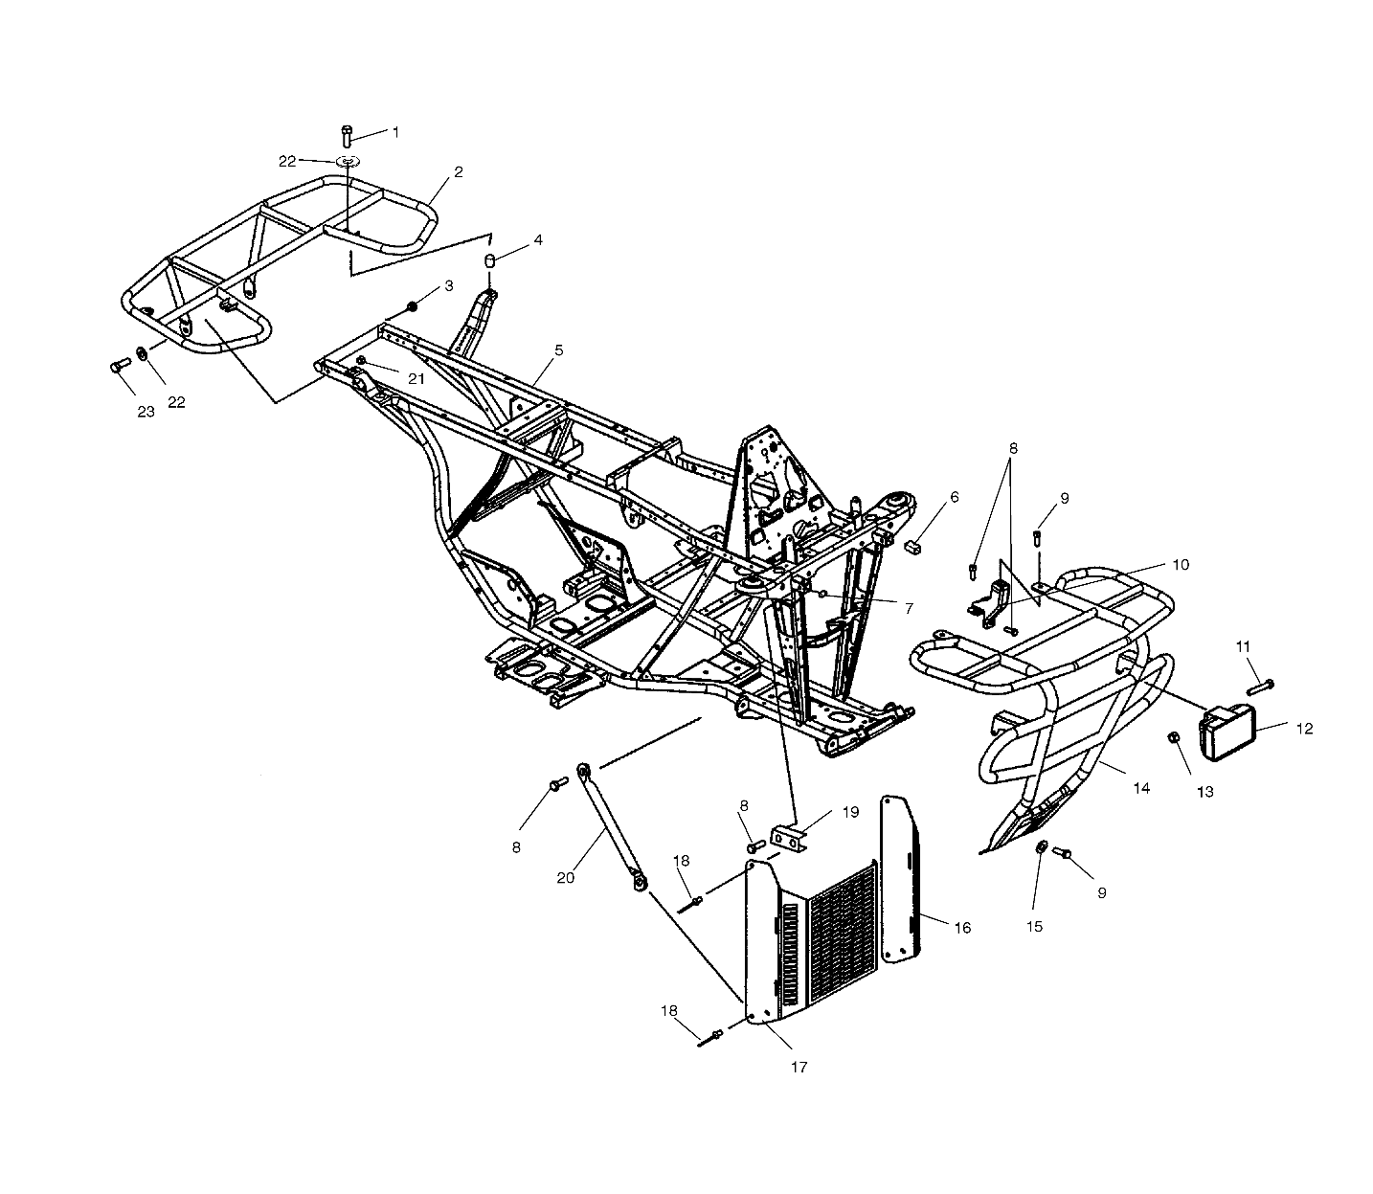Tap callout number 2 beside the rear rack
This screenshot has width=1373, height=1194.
pos(459,172)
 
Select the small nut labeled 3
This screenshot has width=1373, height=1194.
pos(413,305)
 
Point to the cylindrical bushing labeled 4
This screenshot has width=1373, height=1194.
pos(490,261)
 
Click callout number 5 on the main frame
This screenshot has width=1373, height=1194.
pos(558,350)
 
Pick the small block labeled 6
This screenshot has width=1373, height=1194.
pos(912,546)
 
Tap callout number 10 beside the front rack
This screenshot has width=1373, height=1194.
pos(1180,565)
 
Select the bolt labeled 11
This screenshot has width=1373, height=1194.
pos(1261,686)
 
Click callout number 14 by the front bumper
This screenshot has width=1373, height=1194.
pos(1141,788)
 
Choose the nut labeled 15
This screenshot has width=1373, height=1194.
pos(1042,847)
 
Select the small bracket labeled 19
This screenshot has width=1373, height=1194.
pos(790,839)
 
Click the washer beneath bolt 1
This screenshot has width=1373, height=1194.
pos(347,160)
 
